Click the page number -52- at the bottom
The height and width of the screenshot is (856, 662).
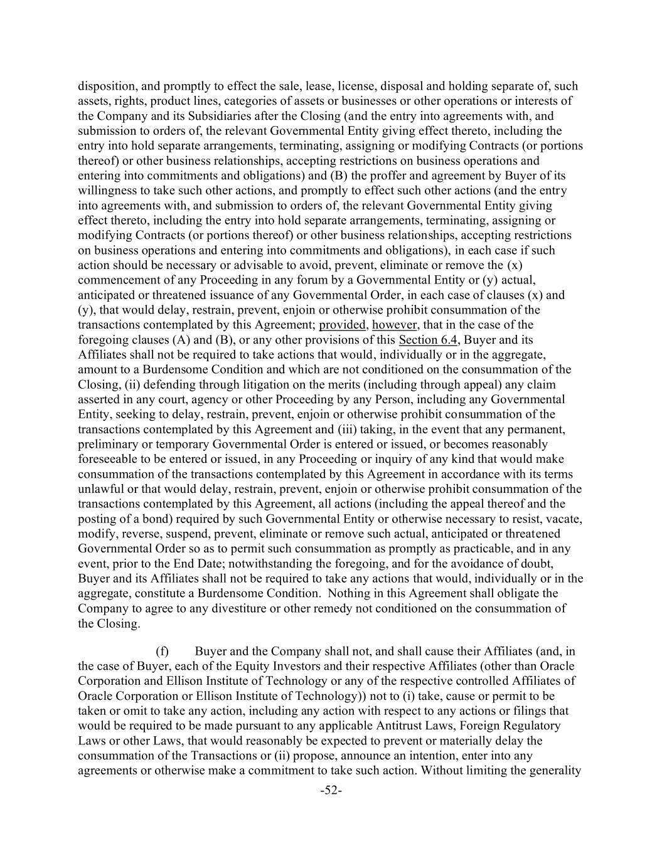click(x=331, y=791)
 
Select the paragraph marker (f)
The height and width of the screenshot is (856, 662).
click(x=162, y=650)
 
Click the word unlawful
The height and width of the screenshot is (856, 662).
click(x=102, y=489)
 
